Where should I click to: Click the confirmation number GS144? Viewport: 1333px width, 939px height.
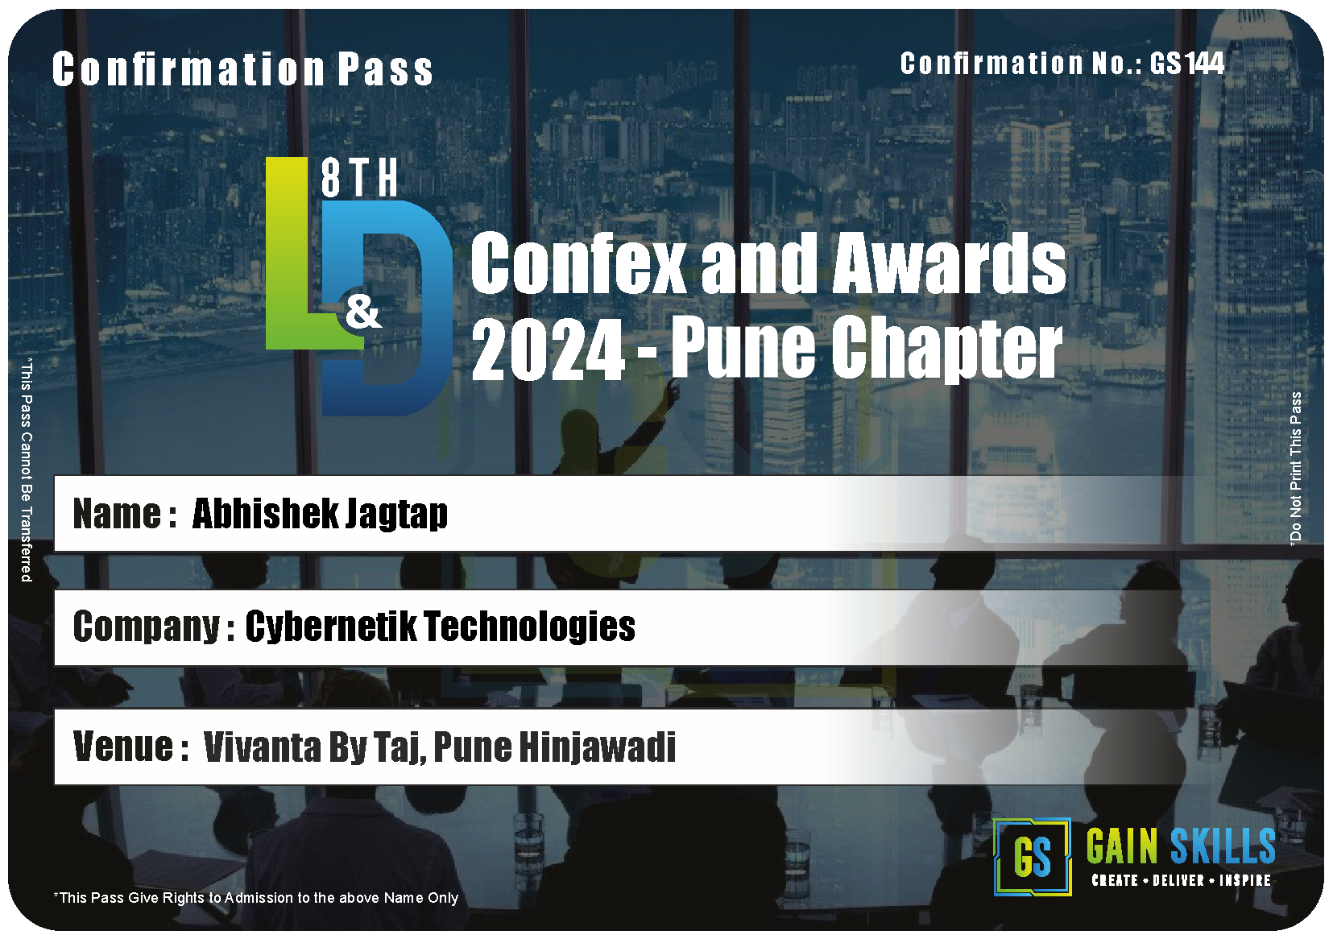point(1186,63)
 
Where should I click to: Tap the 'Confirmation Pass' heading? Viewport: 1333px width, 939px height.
point(242,69)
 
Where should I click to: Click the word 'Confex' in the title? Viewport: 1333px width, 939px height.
point(577,263)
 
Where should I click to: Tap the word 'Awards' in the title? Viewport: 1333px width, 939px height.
point(949,263)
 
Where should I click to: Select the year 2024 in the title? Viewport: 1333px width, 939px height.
point(548,350)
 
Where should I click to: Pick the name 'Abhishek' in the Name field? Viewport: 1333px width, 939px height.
point(266,513)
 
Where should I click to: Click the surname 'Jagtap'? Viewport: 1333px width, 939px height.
point(396,514)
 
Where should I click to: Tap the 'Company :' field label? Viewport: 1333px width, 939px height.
point(154,627)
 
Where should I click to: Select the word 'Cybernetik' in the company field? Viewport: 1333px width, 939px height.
point(331,627)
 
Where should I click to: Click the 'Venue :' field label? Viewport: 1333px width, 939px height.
point(131,747)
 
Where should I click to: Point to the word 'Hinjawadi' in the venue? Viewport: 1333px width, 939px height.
point(598,747)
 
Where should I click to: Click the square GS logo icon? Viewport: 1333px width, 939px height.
point(1032,857)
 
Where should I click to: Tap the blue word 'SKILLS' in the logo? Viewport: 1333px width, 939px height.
point(1223,846)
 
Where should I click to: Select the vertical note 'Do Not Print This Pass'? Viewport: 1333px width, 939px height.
point(1295,469)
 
